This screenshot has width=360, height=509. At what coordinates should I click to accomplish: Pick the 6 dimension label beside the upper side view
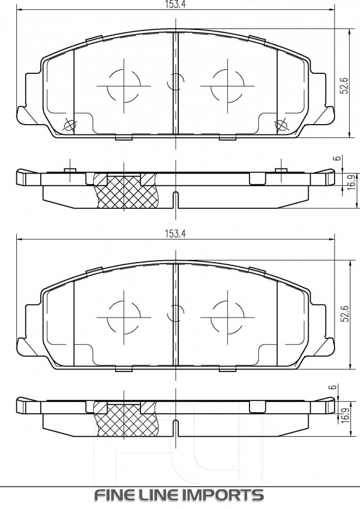tap(337, 159)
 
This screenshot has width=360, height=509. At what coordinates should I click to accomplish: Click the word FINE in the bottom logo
tap(113, 495)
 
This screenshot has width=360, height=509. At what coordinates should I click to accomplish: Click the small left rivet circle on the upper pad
tap(69, 125)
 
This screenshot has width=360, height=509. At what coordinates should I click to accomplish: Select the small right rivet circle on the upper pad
tap(280, 125)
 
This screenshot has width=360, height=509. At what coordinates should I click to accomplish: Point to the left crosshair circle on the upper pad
tap(124, 86)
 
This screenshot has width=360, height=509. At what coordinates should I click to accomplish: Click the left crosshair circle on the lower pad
tap(124, 315)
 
